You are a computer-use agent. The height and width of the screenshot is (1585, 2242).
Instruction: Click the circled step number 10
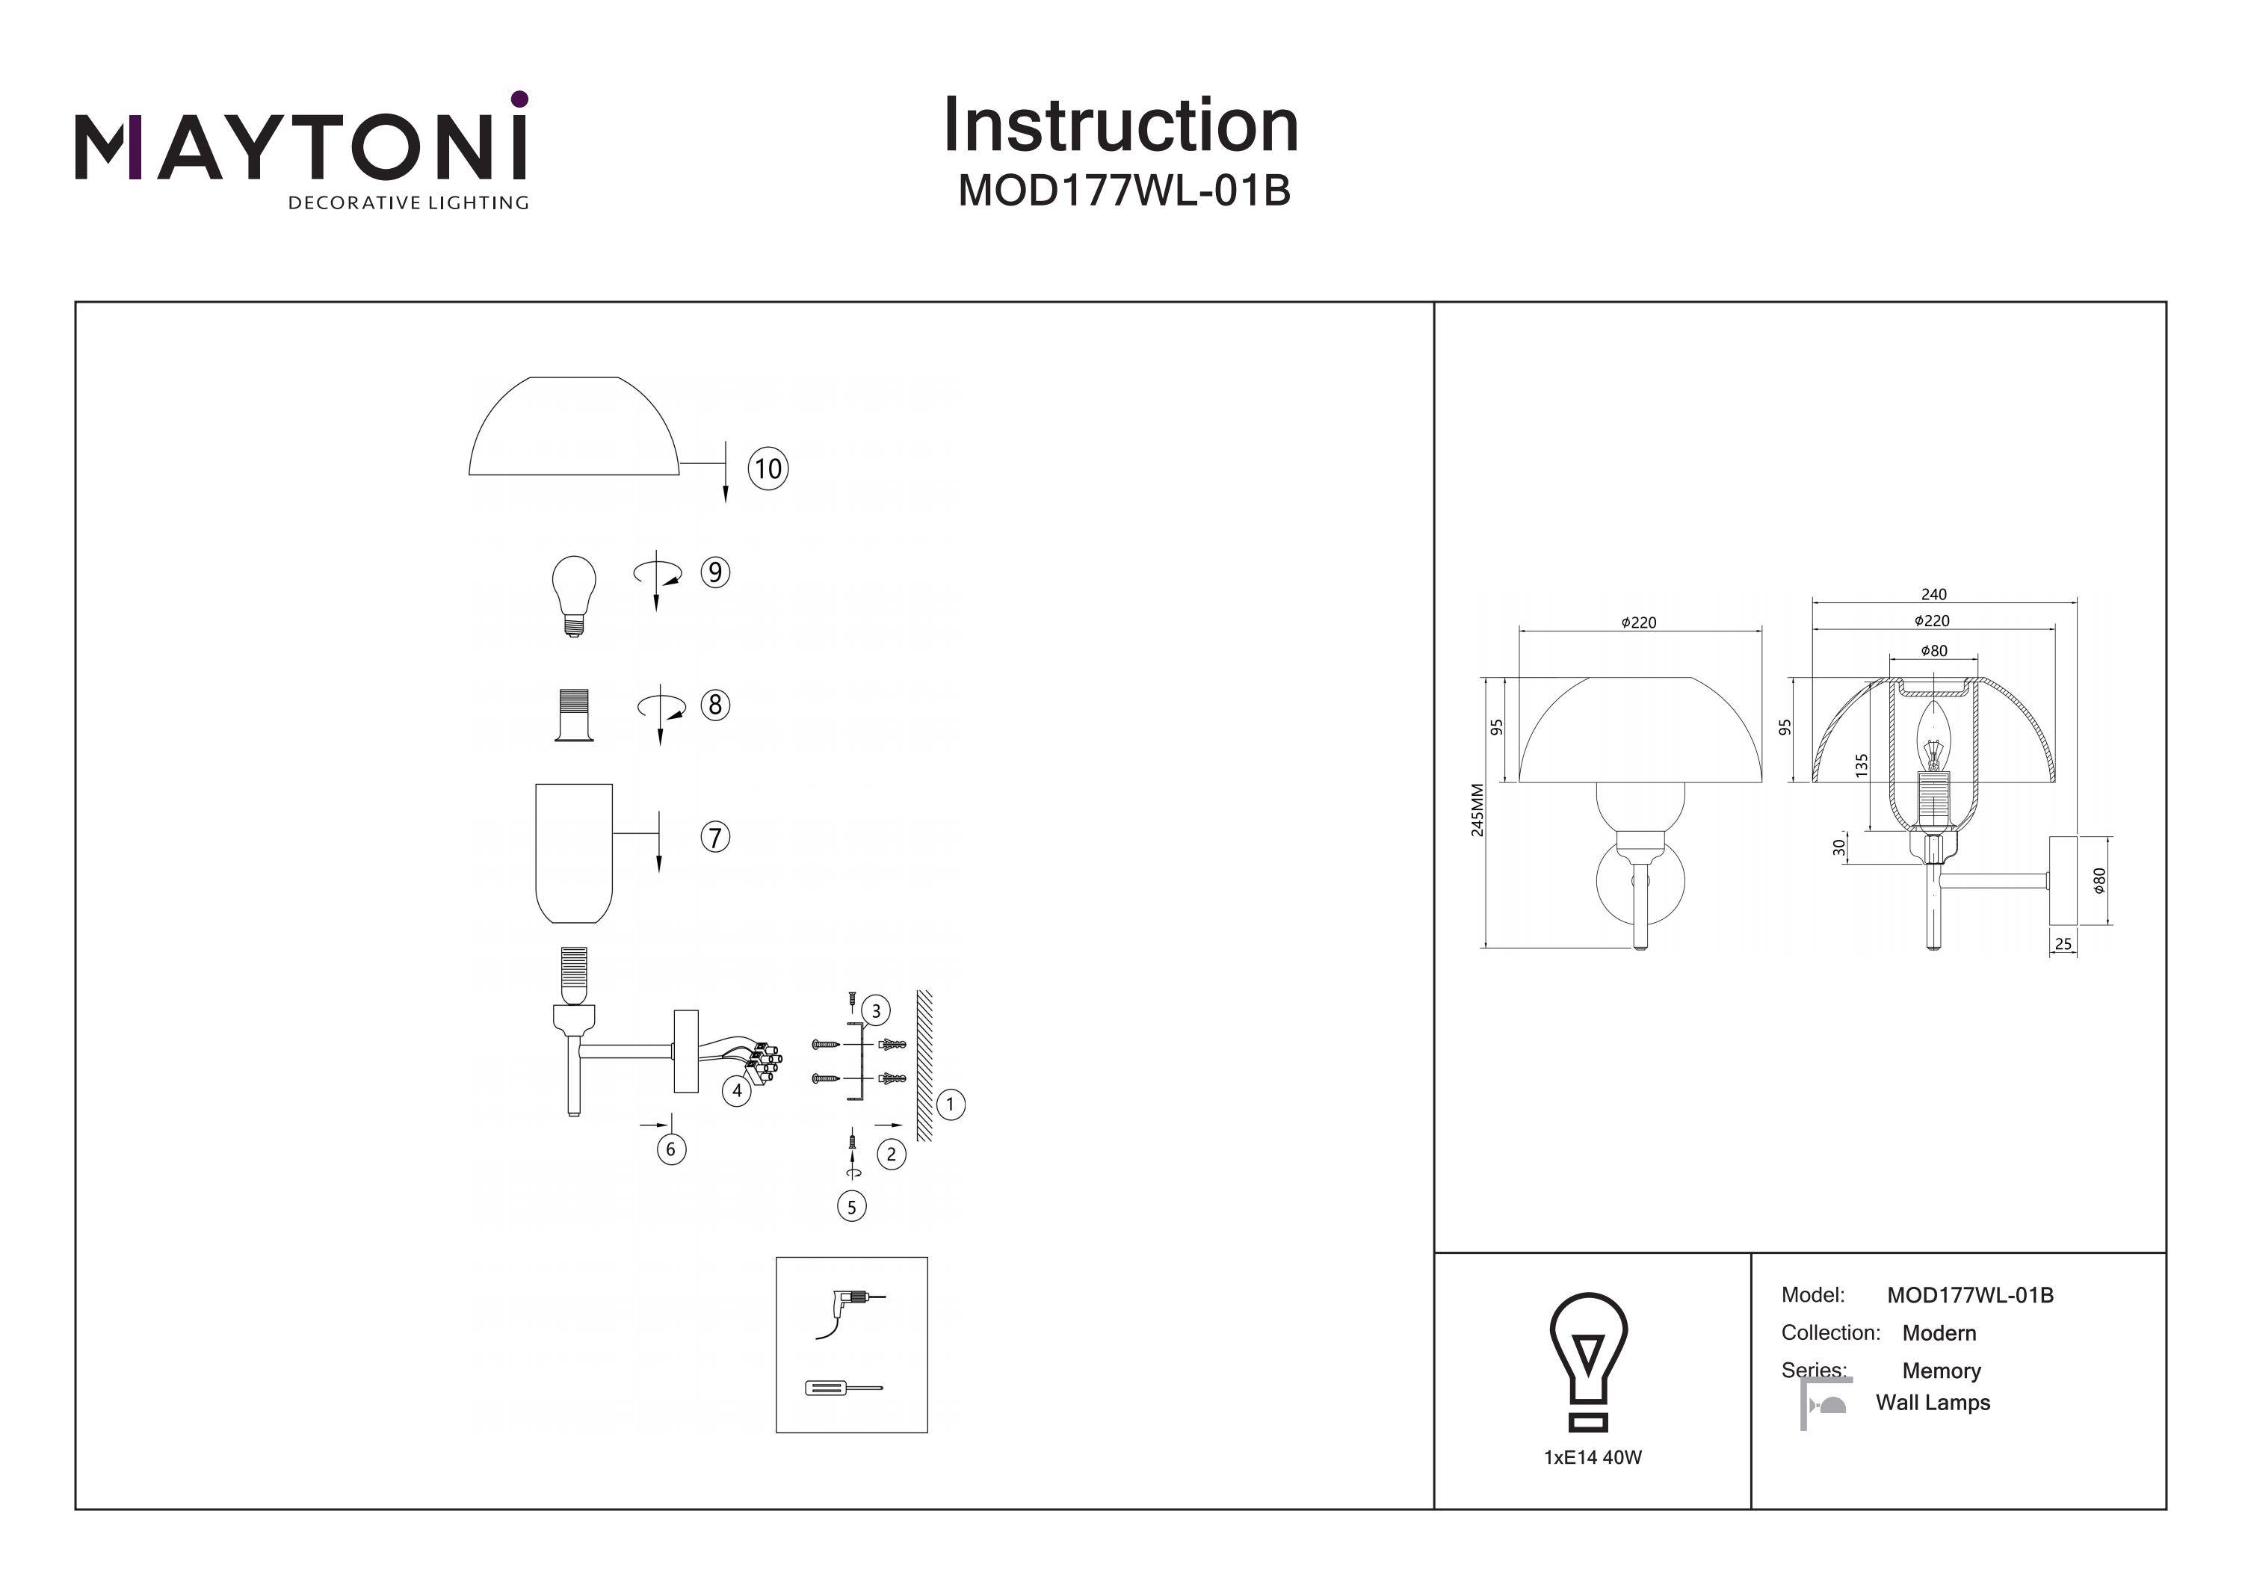[x=768, y=469]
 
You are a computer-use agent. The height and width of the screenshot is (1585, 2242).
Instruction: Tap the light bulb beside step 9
[x=574, y=595]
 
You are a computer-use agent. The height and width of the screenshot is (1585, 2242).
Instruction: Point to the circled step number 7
[x=714, y=837]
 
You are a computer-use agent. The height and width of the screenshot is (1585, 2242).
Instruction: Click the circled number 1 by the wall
[x=950, y=1104]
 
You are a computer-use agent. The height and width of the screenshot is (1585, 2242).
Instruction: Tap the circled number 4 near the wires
[x=736, y=1091]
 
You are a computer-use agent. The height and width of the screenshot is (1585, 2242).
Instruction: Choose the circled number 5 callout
[x=851, y=1207]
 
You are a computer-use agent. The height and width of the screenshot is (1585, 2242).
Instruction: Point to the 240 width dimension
[x=1933, y=594]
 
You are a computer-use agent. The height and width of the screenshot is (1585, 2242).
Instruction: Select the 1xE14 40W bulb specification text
[x=1593, y=1457]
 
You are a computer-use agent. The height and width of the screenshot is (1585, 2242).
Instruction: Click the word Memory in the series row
[x=1942, y=1371]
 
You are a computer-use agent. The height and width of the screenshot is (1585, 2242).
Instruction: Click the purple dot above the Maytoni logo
[x=519, y=99]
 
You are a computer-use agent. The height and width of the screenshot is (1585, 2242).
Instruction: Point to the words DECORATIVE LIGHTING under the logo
[x=408, y=203]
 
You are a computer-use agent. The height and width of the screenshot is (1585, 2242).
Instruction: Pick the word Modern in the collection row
[x=1939, y=1333]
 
